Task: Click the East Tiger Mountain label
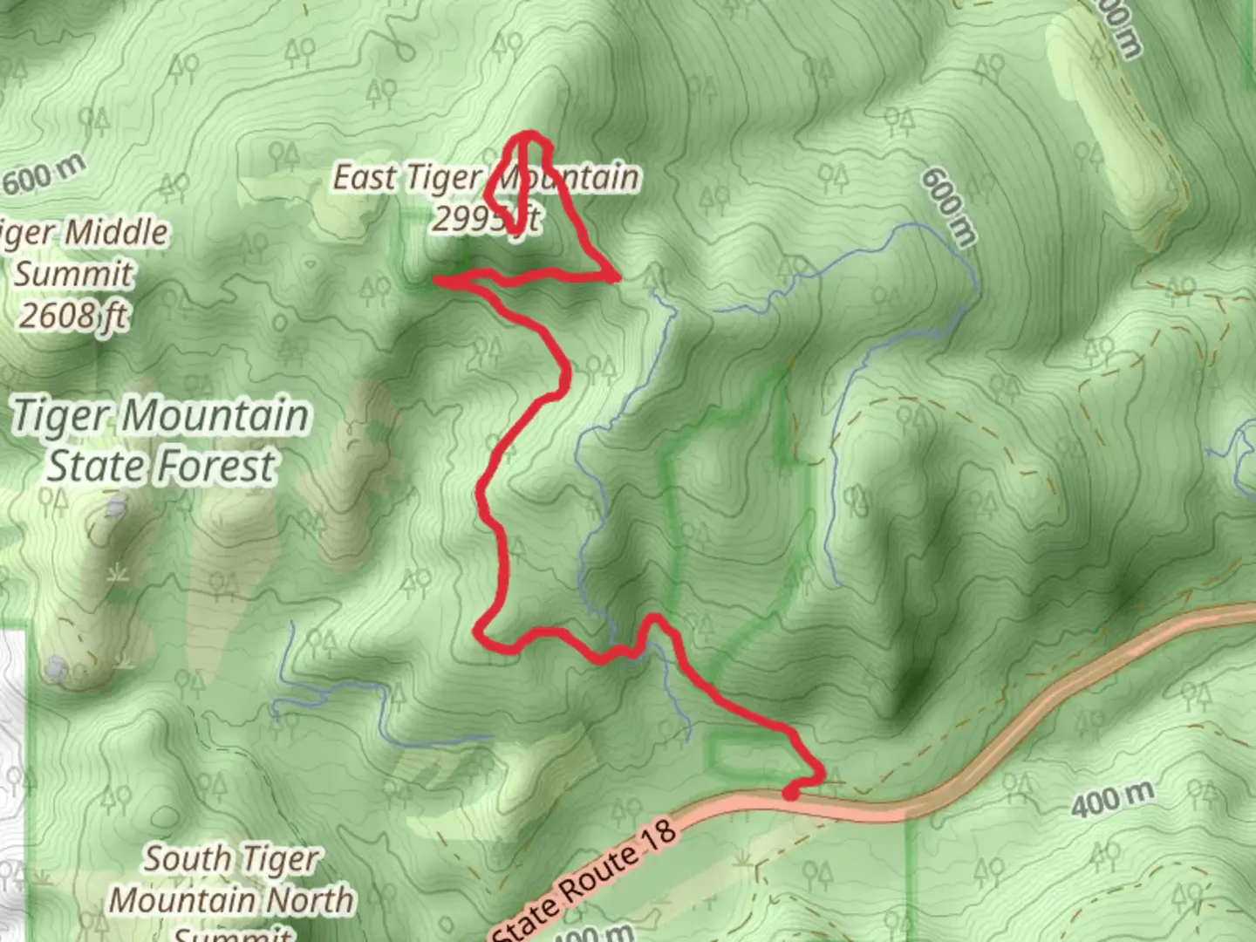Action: point(486,178)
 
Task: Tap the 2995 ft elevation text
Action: point(486,219)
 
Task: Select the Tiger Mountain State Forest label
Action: point(161,440)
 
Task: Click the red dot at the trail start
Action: point(790,793)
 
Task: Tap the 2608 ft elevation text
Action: point(73,315)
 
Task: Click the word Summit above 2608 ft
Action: point(73,274)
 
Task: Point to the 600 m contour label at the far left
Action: point(44,175)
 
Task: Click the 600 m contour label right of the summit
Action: point(948,207)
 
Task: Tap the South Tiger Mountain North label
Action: point(231,879)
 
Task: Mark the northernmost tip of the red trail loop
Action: point(529,134)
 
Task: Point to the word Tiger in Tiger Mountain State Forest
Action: point(61,416)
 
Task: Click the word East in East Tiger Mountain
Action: point(365,178)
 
